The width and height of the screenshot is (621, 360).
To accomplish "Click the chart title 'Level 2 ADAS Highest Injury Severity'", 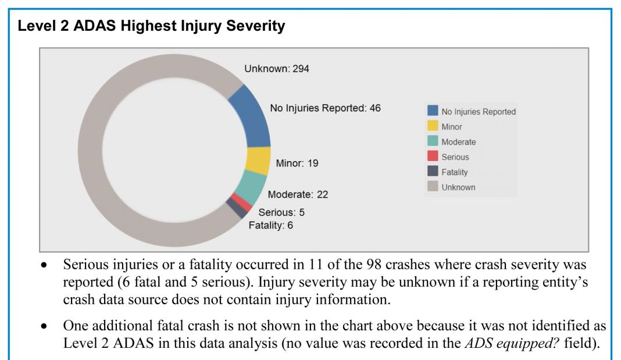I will click(152, 26).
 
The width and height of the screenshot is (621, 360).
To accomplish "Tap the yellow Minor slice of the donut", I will click(258, 161).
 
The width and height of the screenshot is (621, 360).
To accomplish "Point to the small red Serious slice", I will click(242, 201).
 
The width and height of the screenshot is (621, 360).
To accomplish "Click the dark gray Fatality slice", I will click(236, 208).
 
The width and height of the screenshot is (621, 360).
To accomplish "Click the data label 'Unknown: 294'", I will click(277, 69).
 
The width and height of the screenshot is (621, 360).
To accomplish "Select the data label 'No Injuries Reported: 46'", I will click(325, 108).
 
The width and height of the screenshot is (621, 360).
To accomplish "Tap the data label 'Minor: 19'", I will click(297, 163).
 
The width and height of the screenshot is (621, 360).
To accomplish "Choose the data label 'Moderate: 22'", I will click(298, 194).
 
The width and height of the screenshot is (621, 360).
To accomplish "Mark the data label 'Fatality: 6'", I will click(271, 225).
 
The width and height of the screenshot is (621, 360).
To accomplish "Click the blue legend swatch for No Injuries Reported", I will click(433, 111).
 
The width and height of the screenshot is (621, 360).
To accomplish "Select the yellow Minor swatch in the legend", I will click(433, 126).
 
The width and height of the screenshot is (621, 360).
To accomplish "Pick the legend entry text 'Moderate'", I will click(458, 142).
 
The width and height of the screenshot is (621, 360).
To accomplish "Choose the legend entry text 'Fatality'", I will click(455, 172).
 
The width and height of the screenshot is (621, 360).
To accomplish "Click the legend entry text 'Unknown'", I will click(458, 187).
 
